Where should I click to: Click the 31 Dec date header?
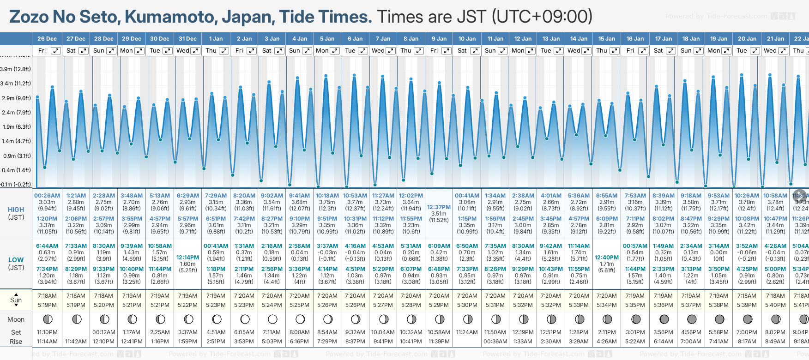187,39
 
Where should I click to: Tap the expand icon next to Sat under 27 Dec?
83,51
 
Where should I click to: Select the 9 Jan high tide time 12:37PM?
439,207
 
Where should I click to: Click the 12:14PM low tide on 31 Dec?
187,258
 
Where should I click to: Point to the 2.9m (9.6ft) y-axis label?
16,98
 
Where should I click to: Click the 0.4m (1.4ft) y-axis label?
16,170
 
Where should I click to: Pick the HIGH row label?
16,210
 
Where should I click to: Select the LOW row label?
16,260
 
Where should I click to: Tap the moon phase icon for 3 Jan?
272,319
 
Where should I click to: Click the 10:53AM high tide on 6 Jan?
355,196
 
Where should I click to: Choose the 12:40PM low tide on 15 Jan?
607,258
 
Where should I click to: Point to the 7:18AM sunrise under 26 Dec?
47,296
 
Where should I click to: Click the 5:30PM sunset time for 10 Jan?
467,305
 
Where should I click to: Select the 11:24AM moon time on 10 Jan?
467,332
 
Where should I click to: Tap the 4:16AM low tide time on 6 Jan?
355,246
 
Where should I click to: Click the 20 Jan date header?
747,39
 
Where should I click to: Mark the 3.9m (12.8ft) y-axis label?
16,69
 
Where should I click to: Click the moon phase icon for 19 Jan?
719,319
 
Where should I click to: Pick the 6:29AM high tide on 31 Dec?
187,196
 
